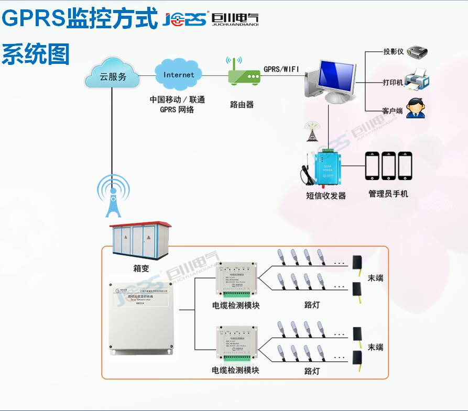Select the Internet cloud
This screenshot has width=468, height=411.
[179, 75]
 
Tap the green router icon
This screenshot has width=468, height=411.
[244, 76]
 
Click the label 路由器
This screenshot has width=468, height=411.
[242, 104]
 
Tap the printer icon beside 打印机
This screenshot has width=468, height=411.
[418, 79]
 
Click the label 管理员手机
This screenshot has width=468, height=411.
[388, 194]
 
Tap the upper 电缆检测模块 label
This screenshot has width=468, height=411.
[235, 305]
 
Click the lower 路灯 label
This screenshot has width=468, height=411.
[312, 371]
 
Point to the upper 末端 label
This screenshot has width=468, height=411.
[375, 277]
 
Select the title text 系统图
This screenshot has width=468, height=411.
[36, 53]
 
